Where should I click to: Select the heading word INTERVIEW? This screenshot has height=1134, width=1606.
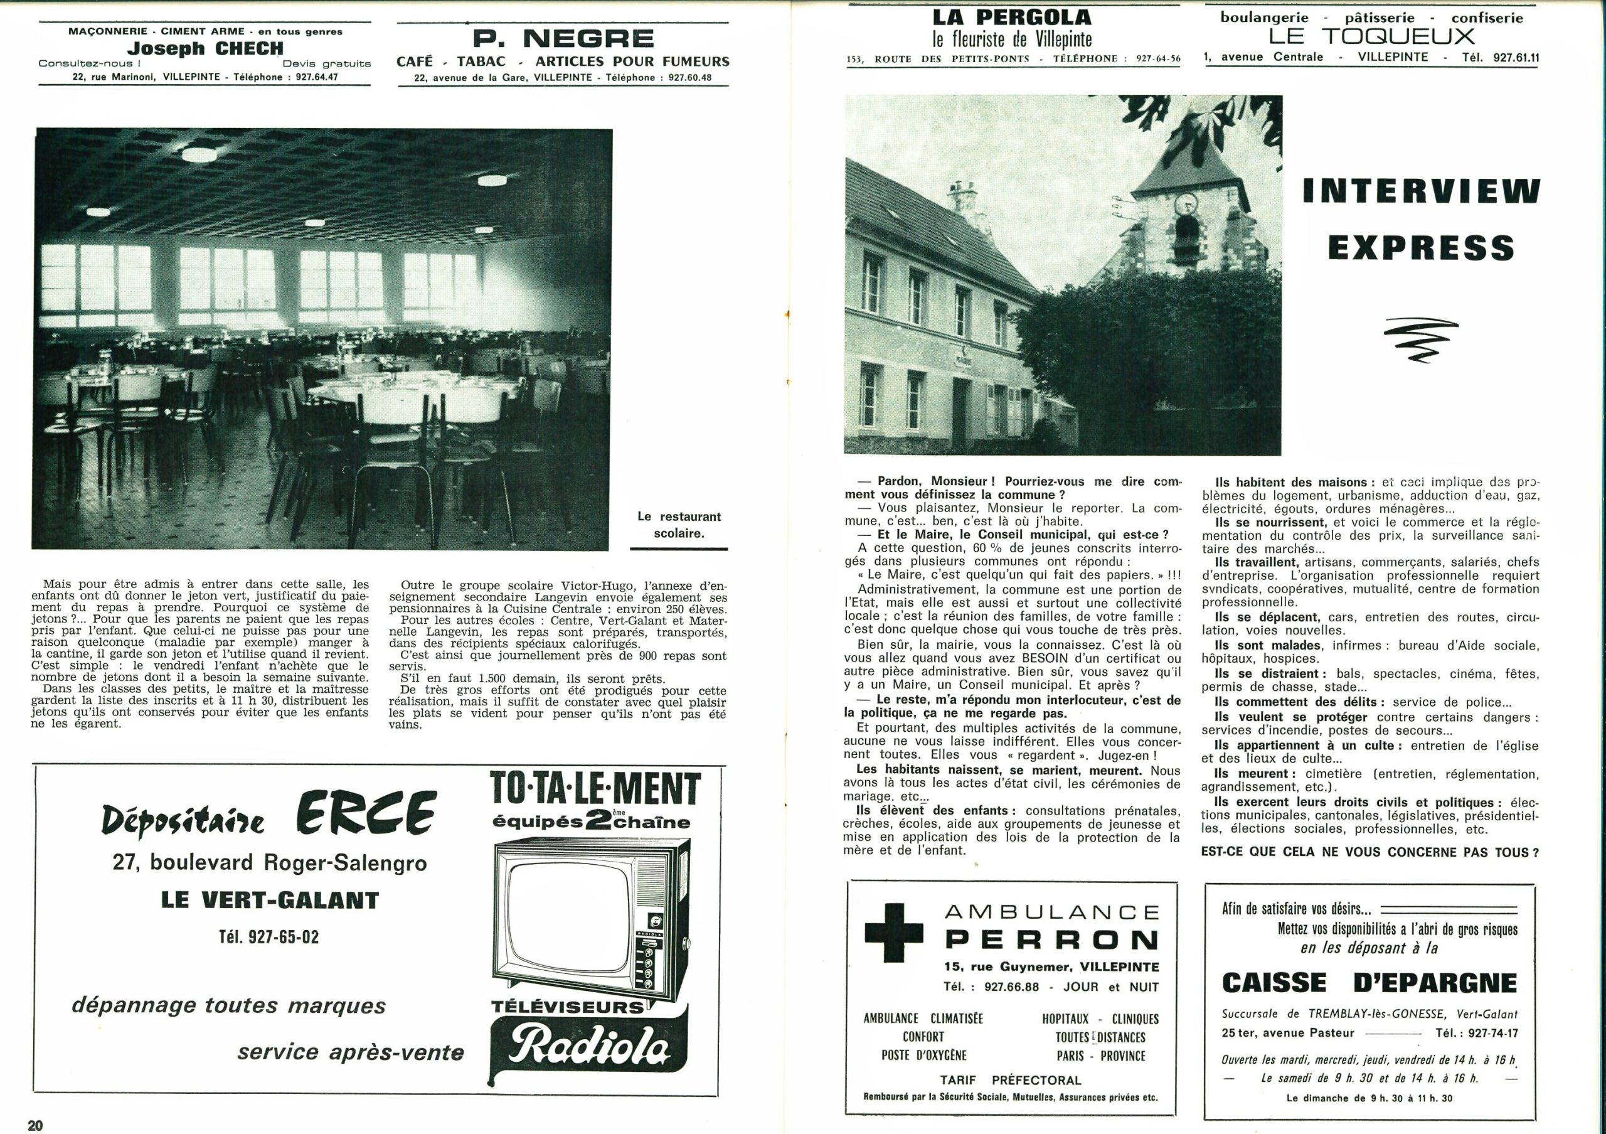click(1422, 191)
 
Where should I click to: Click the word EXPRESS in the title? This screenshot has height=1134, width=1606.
click(1421, 248)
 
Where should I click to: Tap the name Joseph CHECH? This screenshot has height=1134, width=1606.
click(205, 48)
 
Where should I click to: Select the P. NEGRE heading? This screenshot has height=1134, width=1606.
click(563, 38)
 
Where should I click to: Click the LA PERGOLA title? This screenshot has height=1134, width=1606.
click(1011, 17)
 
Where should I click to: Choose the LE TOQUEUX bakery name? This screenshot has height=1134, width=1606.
click(1371, 36)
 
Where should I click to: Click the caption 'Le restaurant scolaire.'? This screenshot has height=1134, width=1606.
click(679, 525)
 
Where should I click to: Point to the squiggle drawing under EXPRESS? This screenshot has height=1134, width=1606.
click(1421, 340)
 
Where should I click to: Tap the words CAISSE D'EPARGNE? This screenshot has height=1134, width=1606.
click(1369, 982)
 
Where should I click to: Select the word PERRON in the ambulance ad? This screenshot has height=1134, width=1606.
click(1051, 940)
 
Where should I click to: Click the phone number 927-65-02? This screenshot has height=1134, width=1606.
click(269, 937)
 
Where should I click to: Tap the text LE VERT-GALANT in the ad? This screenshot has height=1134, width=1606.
click(269, 900)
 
